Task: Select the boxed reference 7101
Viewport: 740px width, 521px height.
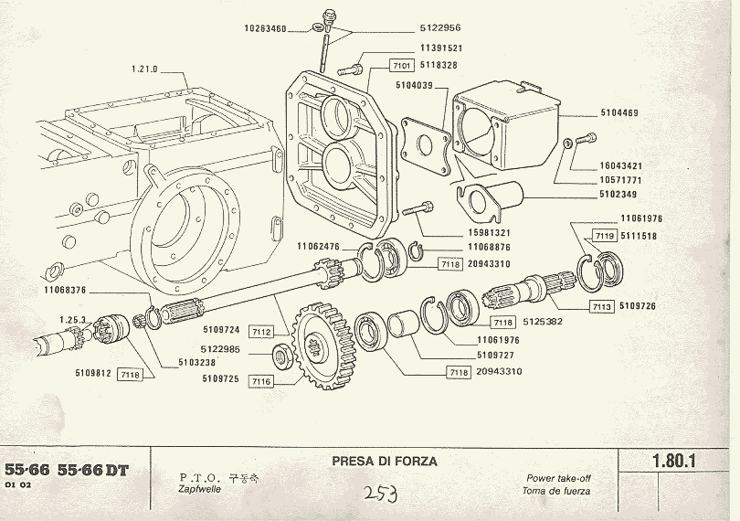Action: pos(402,66)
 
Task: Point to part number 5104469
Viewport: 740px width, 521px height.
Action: pos(620,112)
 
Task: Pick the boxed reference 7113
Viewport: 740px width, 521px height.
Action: pos(600,306)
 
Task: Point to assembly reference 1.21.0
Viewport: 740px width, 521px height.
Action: pos(144,69)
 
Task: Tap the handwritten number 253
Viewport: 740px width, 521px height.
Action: pos(377,494)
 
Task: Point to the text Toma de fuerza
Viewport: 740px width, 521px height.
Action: pos(558,491)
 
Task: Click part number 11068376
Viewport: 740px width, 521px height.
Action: pos(65,291)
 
